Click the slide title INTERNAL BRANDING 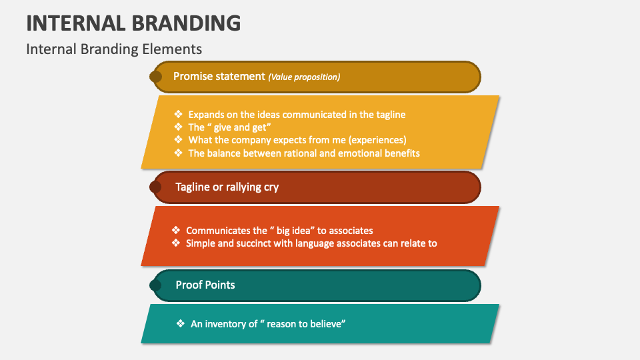tap(133, 23)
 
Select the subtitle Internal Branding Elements tap(114, 49)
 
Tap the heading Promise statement tap(219, 76)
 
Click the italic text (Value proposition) tap(304, 77)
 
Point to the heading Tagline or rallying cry tap(227, 187)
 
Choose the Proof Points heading tap(205, 285)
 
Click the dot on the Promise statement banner tap(155, 77)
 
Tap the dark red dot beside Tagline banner tap(155, 187)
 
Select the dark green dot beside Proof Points tap(155, 285)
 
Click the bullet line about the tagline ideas tap(297, 115)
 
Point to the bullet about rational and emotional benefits tap(303, 153)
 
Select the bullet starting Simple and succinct tap(311, 243)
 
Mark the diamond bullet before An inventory tap(180, 323)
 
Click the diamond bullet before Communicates tap(176, 230)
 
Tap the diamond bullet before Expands tap(178, 114)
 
